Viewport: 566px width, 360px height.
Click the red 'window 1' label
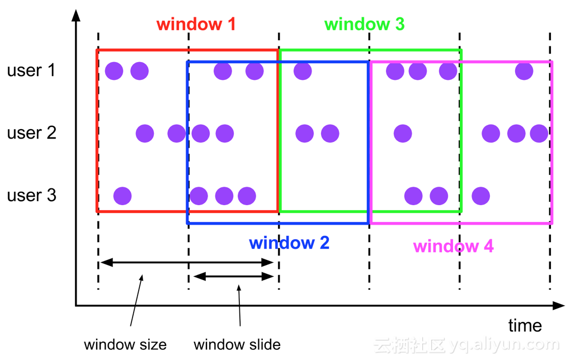[x=196, y=24]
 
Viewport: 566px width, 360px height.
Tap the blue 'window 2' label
[x=289, y=243]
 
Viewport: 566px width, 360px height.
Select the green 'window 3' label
[x=364, y=24]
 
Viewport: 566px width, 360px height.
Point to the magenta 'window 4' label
[x=454, y=247]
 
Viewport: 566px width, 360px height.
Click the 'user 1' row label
[x=31, y=70]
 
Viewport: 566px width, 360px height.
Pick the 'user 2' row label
[x=32, y=132]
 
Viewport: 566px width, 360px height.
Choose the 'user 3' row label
[x=32, y=195]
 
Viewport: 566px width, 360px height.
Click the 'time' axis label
[x=525, y=325]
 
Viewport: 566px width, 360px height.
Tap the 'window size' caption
[x=125, y=345]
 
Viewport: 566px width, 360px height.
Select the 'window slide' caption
[x=237, y=345]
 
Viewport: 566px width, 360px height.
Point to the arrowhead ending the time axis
[x=559, y=306]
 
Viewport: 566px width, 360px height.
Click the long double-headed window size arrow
[x=187, y=262]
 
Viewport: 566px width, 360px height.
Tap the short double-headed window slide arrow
[x=234, y=277]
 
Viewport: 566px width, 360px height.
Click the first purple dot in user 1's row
[x=114, y=70]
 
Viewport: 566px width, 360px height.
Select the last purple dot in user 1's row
[x=524, y=70]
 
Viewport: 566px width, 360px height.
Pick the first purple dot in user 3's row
[x=122, y=196]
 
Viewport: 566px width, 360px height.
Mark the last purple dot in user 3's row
[x=481, y=196]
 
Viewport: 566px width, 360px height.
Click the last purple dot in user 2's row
[x=539, y=134]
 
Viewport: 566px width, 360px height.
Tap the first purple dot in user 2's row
[x=145, y=134]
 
